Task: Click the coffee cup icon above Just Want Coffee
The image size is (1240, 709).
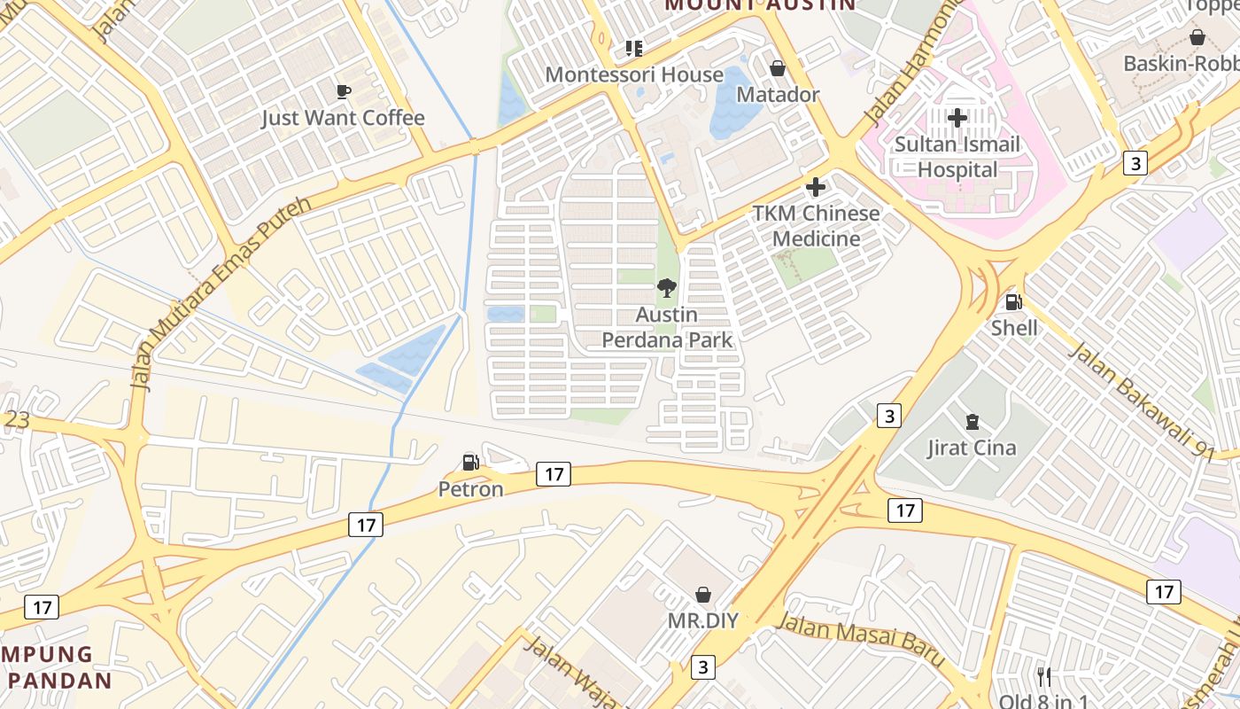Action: point(344,91)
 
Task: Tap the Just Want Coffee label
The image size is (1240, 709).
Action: point(343,118)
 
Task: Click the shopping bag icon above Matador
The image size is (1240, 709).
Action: point(778,68)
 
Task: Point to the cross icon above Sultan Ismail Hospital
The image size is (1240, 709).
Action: point(957,117)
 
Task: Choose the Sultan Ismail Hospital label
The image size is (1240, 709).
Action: point(957,157)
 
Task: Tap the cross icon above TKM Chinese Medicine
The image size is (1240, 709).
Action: point(816,187)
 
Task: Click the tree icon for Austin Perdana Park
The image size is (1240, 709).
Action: point(667,287)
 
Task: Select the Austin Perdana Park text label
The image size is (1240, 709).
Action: point(667,327)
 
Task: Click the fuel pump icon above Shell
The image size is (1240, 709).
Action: point(1014,302)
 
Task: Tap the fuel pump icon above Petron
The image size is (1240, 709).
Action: point(470,462)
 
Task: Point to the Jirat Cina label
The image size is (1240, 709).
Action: point(972,448)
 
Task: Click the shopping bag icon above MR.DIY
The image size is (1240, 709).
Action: point(703,594)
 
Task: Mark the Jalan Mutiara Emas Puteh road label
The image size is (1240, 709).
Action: point(221,293)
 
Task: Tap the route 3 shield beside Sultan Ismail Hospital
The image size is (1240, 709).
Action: point(1135,163)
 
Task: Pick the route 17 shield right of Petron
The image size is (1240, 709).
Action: point(554,474)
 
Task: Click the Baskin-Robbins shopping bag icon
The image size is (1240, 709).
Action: point(1197,38)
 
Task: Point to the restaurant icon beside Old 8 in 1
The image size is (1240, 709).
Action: point(1044,677)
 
